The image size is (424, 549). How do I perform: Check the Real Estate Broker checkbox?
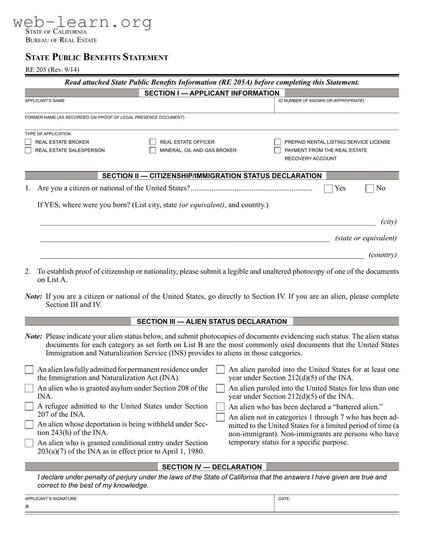(28, 142)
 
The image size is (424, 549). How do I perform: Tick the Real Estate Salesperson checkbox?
(28, 150)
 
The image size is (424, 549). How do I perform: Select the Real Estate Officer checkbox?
(153, 142)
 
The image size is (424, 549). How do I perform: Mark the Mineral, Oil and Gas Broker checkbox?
(153, 150)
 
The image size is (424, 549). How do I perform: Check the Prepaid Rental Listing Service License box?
(278, 142)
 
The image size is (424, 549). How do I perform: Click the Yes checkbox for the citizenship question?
(328, 189)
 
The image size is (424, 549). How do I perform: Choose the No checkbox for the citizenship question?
(370, 189)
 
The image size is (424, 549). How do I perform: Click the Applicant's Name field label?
(45, 101)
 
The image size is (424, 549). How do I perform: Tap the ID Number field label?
(321, 101)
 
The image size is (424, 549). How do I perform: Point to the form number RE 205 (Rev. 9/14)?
(52, 70)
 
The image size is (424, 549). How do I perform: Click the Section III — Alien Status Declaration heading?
(212, 321)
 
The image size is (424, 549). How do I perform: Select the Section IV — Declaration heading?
(212, 467)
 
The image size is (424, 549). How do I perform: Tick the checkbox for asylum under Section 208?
(29, 388)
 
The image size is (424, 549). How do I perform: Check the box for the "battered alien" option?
(220, 407)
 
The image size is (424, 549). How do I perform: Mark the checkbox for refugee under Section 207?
(29, 406)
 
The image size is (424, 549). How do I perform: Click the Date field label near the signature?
(284, 499)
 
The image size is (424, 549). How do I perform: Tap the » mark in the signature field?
(27, 506)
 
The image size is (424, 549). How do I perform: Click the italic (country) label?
(383, 255)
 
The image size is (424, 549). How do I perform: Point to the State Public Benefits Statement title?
(97, 57)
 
